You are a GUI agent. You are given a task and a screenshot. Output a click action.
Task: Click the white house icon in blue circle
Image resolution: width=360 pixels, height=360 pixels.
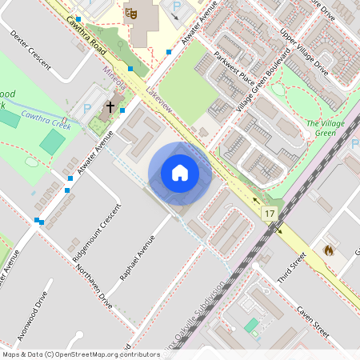(x=180, y=173)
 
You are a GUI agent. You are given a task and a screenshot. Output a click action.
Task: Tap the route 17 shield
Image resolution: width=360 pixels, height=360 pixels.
(x=269, y=214)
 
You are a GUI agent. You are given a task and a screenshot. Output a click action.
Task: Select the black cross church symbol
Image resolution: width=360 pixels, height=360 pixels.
(x=110, y=106)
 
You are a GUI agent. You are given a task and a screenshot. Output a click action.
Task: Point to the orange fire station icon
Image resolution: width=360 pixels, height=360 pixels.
(x=327, y=250)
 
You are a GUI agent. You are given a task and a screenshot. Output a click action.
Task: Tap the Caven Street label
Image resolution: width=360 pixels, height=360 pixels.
(x=312, y=320)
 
